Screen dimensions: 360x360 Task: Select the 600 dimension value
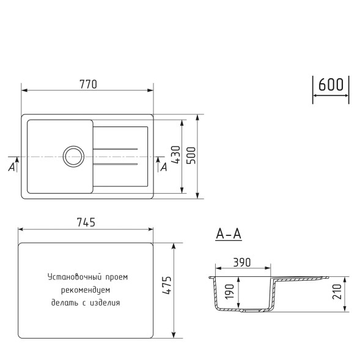click(x=331, y=85)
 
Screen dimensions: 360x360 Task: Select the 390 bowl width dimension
click(x=242, y=262)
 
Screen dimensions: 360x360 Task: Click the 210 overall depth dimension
click(x=338, y=293)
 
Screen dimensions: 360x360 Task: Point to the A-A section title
click(x=229, y=233)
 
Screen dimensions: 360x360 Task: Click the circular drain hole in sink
click(x=73, y=156)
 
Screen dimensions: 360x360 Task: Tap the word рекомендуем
click(x=86, y=290)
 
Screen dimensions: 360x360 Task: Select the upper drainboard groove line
click(x=116, y=149)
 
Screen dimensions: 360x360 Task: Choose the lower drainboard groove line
click(x=116, y=164)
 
